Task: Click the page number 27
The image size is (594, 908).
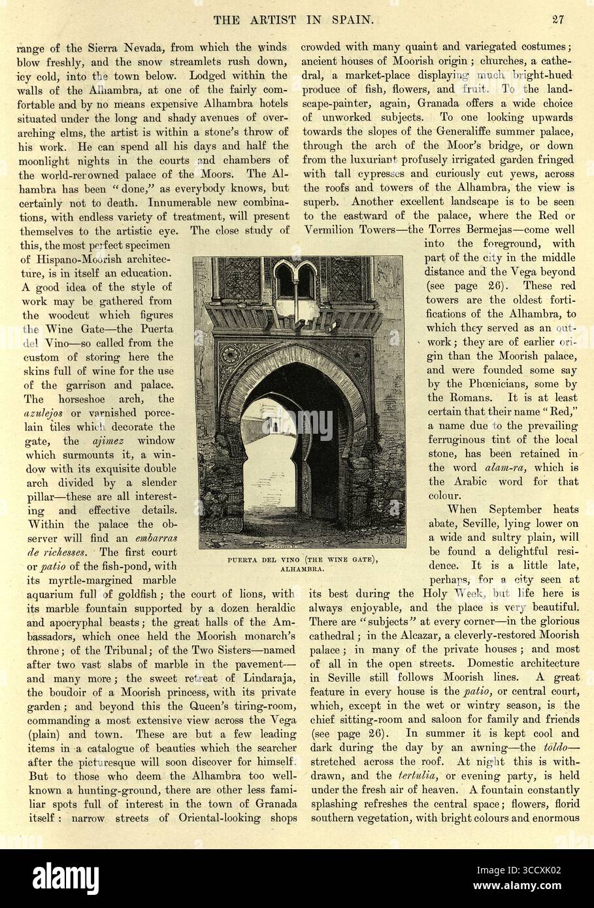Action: (x=557, y=19)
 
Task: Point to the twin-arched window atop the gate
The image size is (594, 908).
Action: (x=294, y=281)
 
